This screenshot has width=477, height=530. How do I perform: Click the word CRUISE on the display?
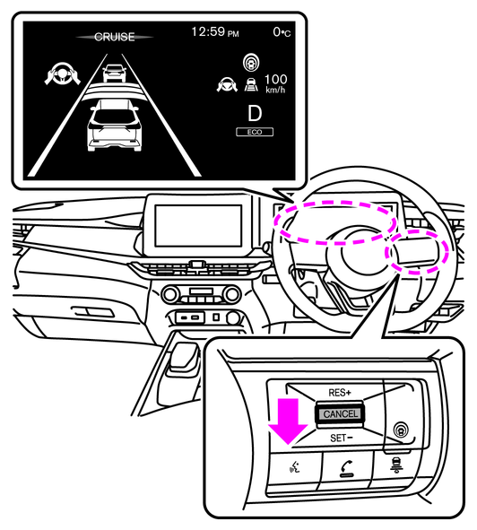click(114, 37)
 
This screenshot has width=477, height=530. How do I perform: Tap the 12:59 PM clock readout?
click(215, 31)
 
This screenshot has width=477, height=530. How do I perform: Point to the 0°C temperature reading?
click(282, 32)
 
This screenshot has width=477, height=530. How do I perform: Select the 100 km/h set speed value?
click(275, 83)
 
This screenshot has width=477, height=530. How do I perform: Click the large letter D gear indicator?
click(255, 113)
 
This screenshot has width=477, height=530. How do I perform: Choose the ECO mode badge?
click(255, 132)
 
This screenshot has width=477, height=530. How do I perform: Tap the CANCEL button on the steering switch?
click(340, 413)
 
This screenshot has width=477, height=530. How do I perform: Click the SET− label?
click(342, 438)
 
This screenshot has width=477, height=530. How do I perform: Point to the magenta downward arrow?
click(288, 421)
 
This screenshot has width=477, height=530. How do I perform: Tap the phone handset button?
click(346, 469)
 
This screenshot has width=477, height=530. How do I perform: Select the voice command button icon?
click(295, 468)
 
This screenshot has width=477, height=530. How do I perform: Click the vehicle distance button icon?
click(396, 465)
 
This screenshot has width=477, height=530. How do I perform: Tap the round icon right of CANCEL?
click(401, 430)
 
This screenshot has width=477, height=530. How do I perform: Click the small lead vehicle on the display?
click(114, 73)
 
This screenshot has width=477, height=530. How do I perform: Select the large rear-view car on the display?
click(114, 125)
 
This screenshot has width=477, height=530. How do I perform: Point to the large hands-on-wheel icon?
click(63, 73)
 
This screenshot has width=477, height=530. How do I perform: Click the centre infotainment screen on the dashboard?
click(198, 225)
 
